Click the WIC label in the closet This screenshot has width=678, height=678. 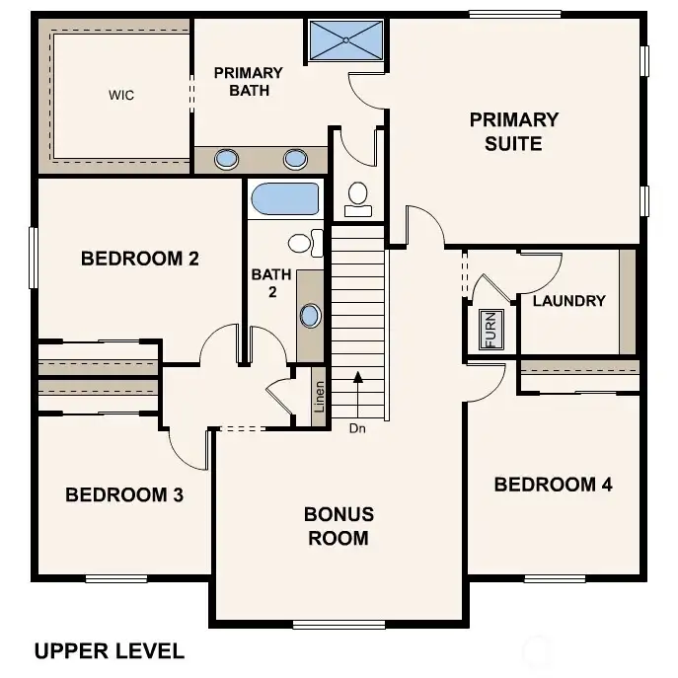pyautogui.click(x=121, y=96)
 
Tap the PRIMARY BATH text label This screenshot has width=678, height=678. pyautogui.click(x=248, y=82)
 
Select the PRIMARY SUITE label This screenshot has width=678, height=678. pyautogui.click(x=513, y=131)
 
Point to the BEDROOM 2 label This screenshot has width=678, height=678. pyautogui.click(x=140, y=260)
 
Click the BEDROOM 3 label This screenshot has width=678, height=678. pyautogui.click(x=124, y=494)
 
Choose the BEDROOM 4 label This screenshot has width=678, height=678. pyautogui.click(x=553, y=485)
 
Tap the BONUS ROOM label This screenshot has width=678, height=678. pyautogui.click(x=339, y=526)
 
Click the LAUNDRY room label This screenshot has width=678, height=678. pyautogui.click(x=568, y=301)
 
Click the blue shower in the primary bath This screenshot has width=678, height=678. pyautogui.click(x=346, y=40)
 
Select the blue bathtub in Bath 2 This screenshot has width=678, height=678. pyautogui.click(x=285, y=198)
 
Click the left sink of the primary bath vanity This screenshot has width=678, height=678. pyautogui.click(x=227, y=159)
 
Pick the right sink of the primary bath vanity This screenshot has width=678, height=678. pyautogui.click(x=295, y=159)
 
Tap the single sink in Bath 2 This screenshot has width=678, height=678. pyautogui.click(x=310, y=317)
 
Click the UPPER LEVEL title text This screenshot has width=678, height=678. pyautogui.click(x=109, y=651)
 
